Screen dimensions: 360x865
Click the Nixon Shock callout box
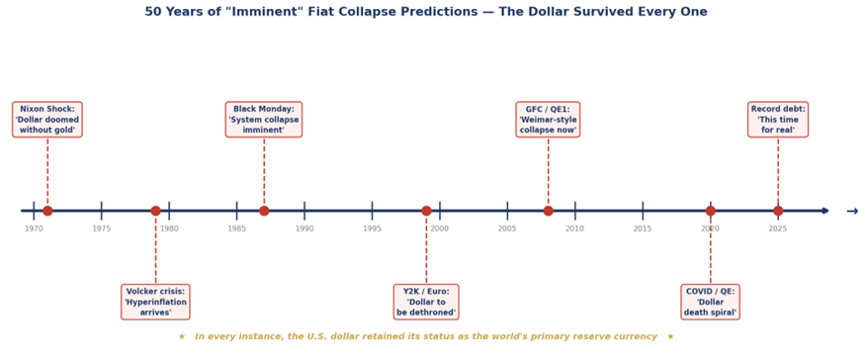point(47,120)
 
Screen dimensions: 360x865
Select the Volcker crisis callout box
point(155,302)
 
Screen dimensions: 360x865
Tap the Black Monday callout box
point(264,120)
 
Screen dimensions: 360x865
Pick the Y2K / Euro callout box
point(426,302)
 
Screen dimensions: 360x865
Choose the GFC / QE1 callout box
point(548,120)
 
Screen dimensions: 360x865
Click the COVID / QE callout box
point(710,302)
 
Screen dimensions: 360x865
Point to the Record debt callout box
point(778,120)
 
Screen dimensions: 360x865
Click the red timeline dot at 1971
point(47,211)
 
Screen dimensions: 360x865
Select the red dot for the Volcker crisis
point(155,211)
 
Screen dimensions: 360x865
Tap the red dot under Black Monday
point(264,211)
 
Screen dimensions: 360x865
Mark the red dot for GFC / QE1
point(549,211)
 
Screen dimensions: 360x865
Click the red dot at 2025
point(778,211)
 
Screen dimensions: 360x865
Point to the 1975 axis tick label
point(102,228)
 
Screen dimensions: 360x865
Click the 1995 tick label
point(372,228)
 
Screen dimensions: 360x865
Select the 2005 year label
point(507,228)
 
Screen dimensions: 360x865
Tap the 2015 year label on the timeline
point(643,228)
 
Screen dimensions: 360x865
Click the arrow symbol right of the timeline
point(852,212)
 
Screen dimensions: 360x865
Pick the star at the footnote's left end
point(182,336)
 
